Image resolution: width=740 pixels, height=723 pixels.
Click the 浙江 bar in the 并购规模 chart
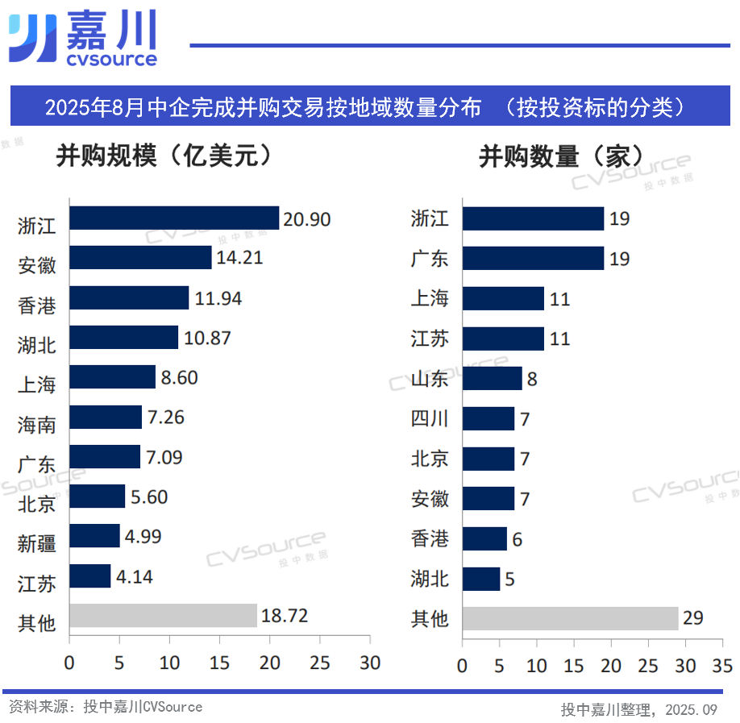[x=174, y=218]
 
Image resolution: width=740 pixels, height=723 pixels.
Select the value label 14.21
[x=239, y=259]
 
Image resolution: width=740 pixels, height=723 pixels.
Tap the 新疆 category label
[x=37, y=543]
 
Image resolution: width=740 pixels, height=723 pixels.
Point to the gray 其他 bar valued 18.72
[x=163, y=617]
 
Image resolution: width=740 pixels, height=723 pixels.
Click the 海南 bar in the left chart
[x=106, y=418]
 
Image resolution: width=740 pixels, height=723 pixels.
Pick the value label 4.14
[x=134, y=577]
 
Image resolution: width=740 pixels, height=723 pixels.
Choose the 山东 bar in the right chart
[x=492, y=378]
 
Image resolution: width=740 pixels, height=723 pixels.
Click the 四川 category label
[x=430, y=419]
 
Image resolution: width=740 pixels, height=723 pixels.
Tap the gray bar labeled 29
[x=570, y=618]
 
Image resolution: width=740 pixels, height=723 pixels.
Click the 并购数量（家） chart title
[x=561, y=156]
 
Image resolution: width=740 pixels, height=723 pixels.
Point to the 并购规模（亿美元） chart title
[x=162, y=156]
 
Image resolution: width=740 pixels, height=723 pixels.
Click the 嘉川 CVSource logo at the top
[x=82, y=38]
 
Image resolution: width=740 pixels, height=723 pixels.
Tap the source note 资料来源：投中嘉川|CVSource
[x=106, y=707]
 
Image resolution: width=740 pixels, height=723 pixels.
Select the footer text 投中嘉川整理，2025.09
[x=638, y=709]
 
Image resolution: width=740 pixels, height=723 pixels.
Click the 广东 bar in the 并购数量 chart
[x=533, y=259]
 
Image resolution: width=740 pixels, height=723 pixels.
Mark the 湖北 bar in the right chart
[x=481, y=579]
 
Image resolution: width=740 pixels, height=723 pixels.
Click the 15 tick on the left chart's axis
[x=219, y=663]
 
